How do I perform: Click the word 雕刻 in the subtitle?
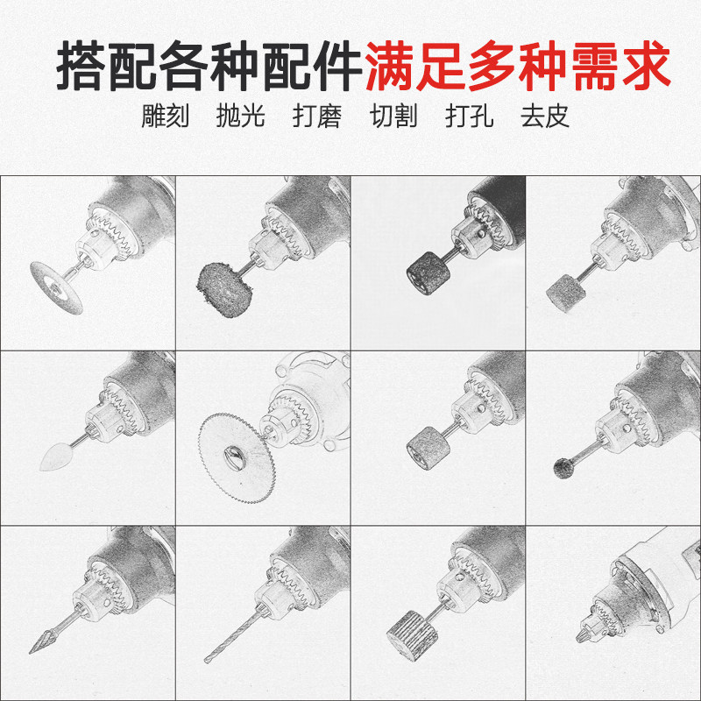[x=166, y=117]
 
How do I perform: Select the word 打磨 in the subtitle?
[x=316, y=117]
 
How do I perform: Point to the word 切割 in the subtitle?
[x=393, y=117]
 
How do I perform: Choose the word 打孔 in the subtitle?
[x=470, y=117]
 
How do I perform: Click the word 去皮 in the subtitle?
[x=545, y=117]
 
